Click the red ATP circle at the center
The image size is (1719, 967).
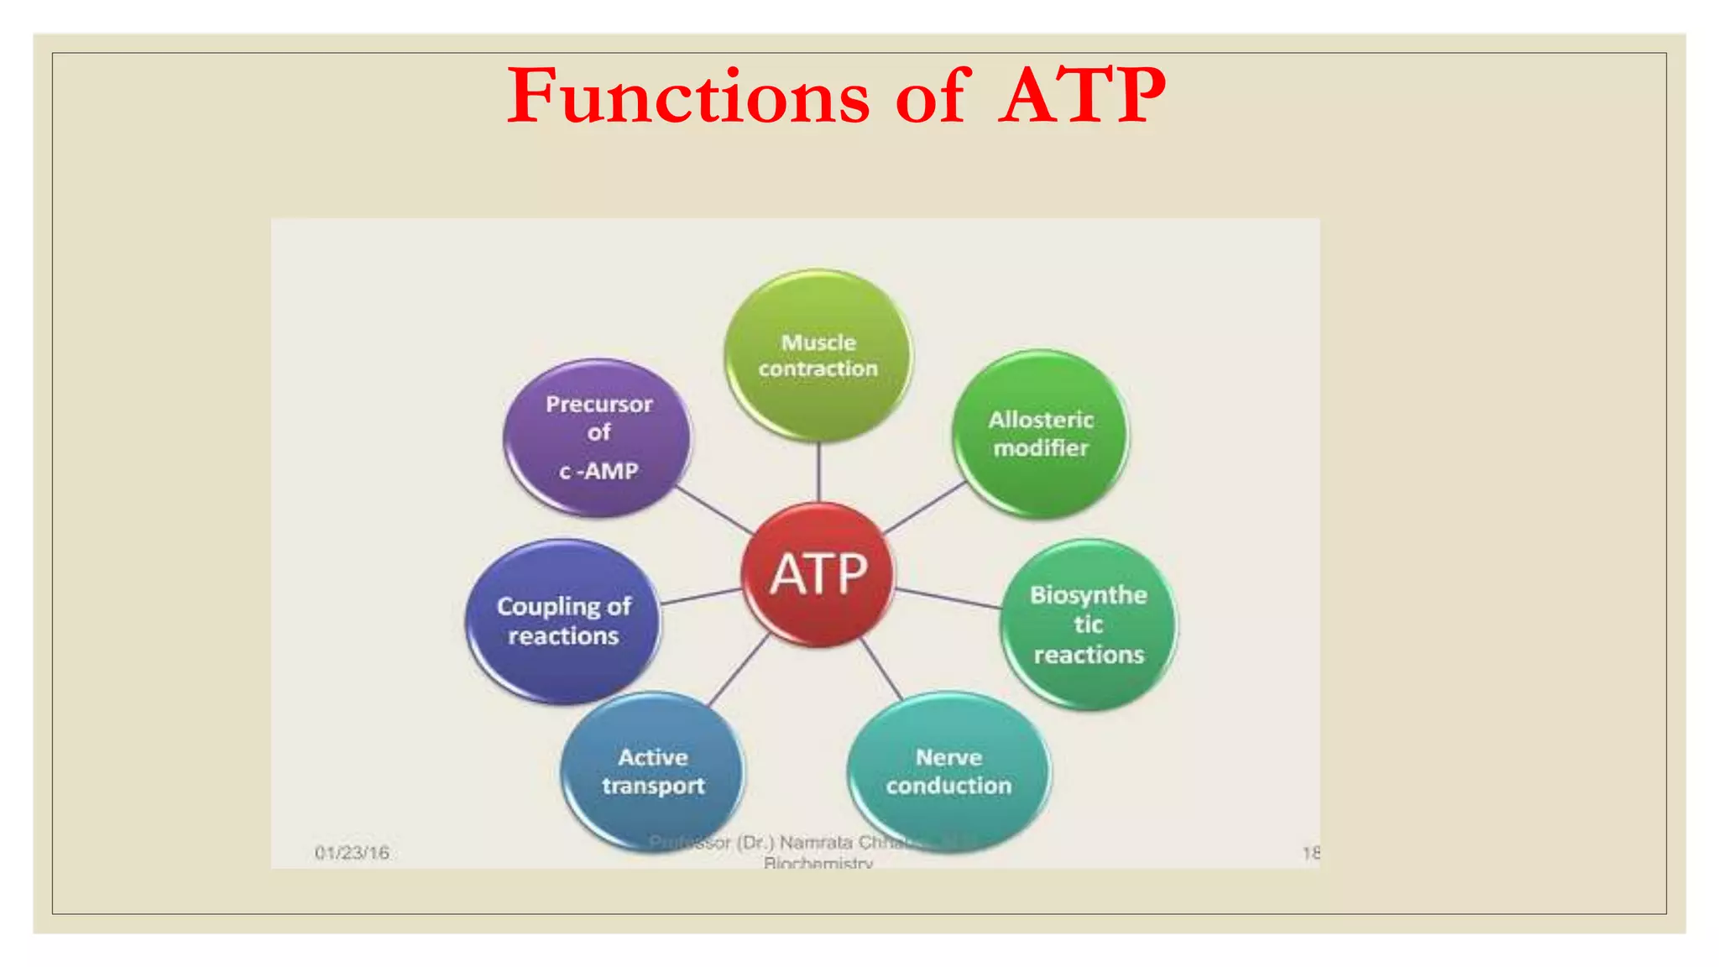(818, 575)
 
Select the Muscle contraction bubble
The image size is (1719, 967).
(818, 355)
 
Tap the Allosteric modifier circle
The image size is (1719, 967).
(1041, 433)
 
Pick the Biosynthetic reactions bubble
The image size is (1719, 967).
(1089, 625)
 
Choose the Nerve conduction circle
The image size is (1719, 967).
(948, 771)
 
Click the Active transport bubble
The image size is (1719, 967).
(653, 771)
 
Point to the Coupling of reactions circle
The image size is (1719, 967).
(563, 621)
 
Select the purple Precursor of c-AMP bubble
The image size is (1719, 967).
(598, 436)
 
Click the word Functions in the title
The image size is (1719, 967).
(688, 97)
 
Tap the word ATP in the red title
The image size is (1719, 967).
(1083, 97)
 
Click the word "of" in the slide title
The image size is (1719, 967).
(933, 97)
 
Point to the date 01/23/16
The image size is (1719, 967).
(352, 853)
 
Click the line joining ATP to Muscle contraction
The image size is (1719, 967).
(818, 472)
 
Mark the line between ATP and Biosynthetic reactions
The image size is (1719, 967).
(947, 598)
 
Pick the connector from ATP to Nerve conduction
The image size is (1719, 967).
(881, 668)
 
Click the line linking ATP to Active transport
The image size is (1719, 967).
(739, 670)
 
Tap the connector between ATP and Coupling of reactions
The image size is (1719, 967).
(701, 597)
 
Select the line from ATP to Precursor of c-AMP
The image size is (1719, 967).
(713, 510)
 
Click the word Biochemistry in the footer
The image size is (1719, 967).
(818, 862)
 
